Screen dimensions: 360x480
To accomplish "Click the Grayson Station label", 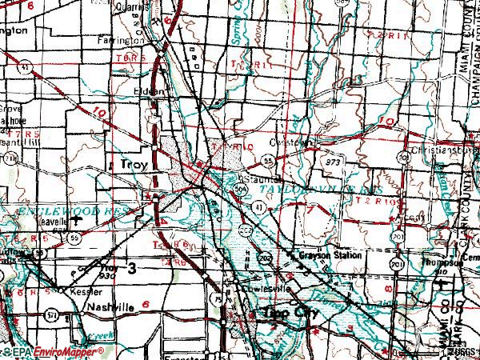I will click(330, 256).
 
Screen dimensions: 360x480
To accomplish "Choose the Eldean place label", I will click(150, 91).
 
